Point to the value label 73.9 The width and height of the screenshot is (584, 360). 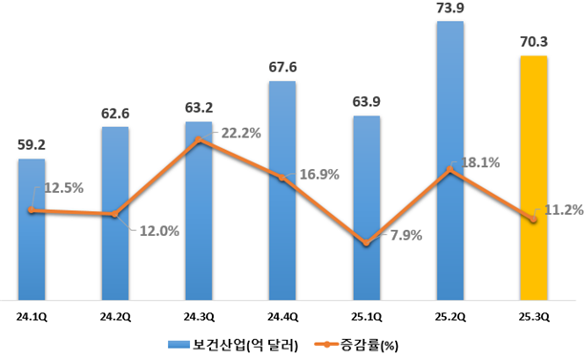coord(451,9)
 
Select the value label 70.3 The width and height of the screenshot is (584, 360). coord(534,42)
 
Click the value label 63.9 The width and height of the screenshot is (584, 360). coord(366,102)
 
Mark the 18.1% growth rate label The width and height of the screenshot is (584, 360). coord(481,161)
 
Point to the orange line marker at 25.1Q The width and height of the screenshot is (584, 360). coord(366,244)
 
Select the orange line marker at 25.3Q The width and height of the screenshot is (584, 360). coord(533,220)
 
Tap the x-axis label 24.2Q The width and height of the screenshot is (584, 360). coord(115,312)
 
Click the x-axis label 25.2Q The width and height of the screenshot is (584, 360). coord(449,312)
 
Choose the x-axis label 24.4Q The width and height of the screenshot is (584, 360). coord(282,312)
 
